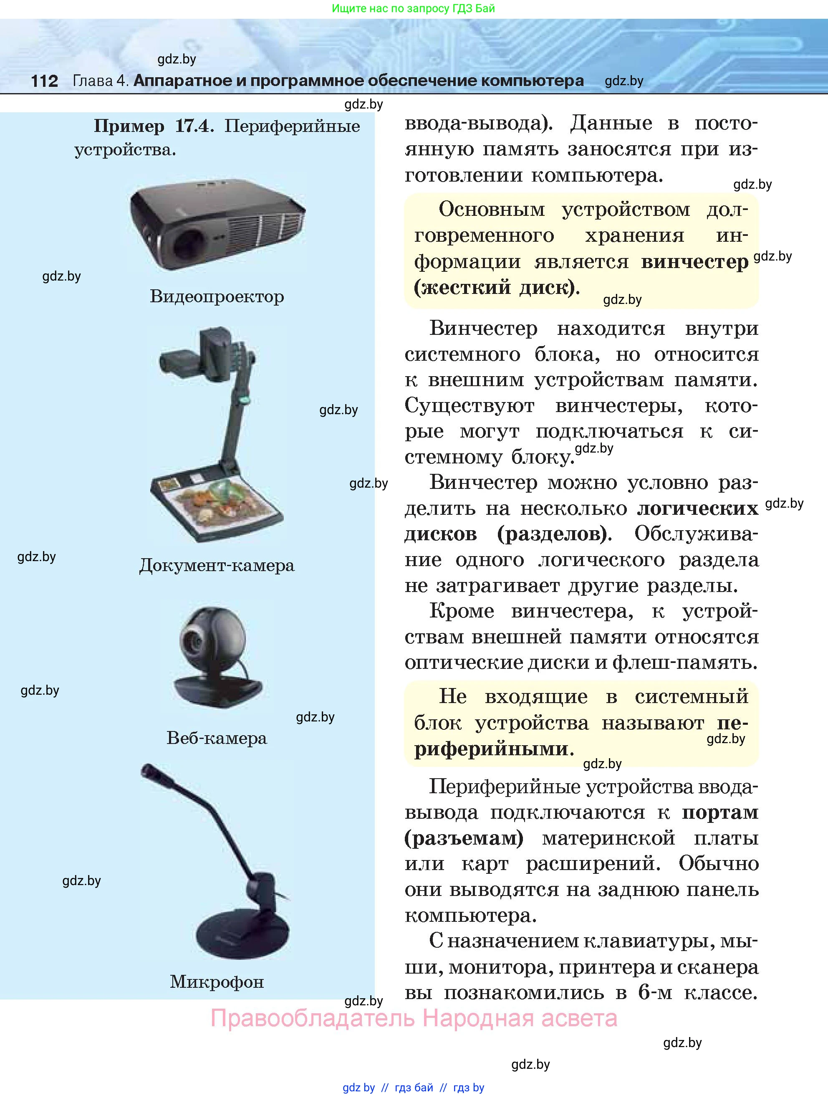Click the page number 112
point(44,81)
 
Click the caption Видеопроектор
point(217,296)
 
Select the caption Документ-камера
point(217,565)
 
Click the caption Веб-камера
point(217,738)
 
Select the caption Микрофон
point(217,982)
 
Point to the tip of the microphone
point(148,770)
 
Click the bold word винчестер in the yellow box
point(694,262)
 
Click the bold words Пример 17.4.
point(154,126)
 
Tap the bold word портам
point(720,812)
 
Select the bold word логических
point(697,509)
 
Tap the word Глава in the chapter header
point(93,81)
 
